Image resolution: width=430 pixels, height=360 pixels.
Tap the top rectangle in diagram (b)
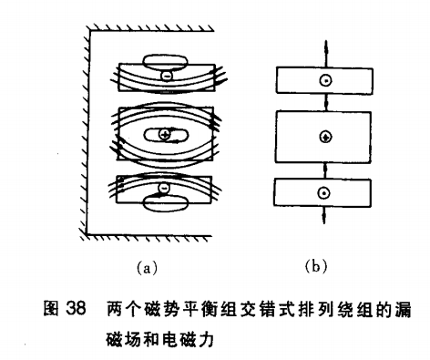point(322,79)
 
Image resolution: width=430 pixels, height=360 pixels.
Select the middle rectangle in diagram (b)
point(322,137)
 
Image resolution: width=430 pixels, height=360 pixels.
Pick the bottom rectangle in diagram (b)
point(322,192)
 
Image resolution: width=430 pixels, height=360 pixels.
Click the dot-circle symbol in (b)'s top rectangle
point(322,80)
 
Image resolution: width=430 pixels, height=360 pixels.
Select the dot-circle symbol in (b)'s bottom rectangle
point(322,192)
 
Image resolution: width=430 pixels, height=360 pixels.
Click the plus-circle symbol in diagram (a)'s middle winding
point(164,136)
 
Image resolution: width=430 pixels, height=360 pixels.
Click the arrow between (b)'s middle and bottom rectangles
point(322,169)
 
